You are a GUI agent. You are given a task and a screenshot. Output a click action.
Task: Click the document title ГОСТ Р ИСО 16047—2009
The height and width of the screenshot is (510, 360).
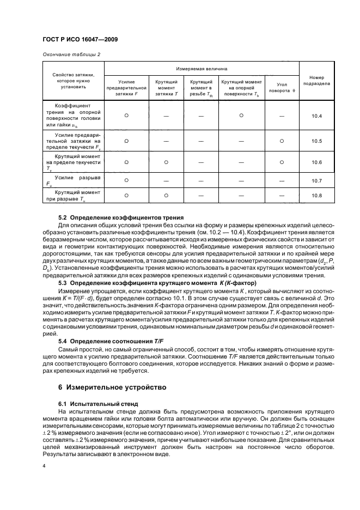[x=81, y=40]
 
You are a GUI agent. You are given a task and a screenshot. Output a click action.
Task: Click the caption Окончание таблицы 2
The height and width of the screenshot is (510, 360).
[x=71, y=54]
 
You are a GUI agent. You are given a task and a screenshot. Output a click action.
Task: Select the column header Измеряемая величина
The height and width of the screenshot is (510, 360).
[x=202, y=69]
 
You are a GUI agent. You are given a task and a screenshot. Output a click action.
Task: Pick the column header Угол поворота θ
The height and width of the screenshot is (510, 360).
[x=282, y=88]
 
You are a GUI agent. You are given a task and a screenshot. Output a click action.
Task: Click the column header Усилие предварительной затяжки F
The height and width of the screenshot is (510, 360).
[x=126, y=88]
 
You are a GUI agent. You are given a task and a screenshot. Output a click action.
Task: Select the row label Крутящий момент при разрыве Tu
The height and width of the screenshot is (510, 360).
[x=74, y=195]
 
